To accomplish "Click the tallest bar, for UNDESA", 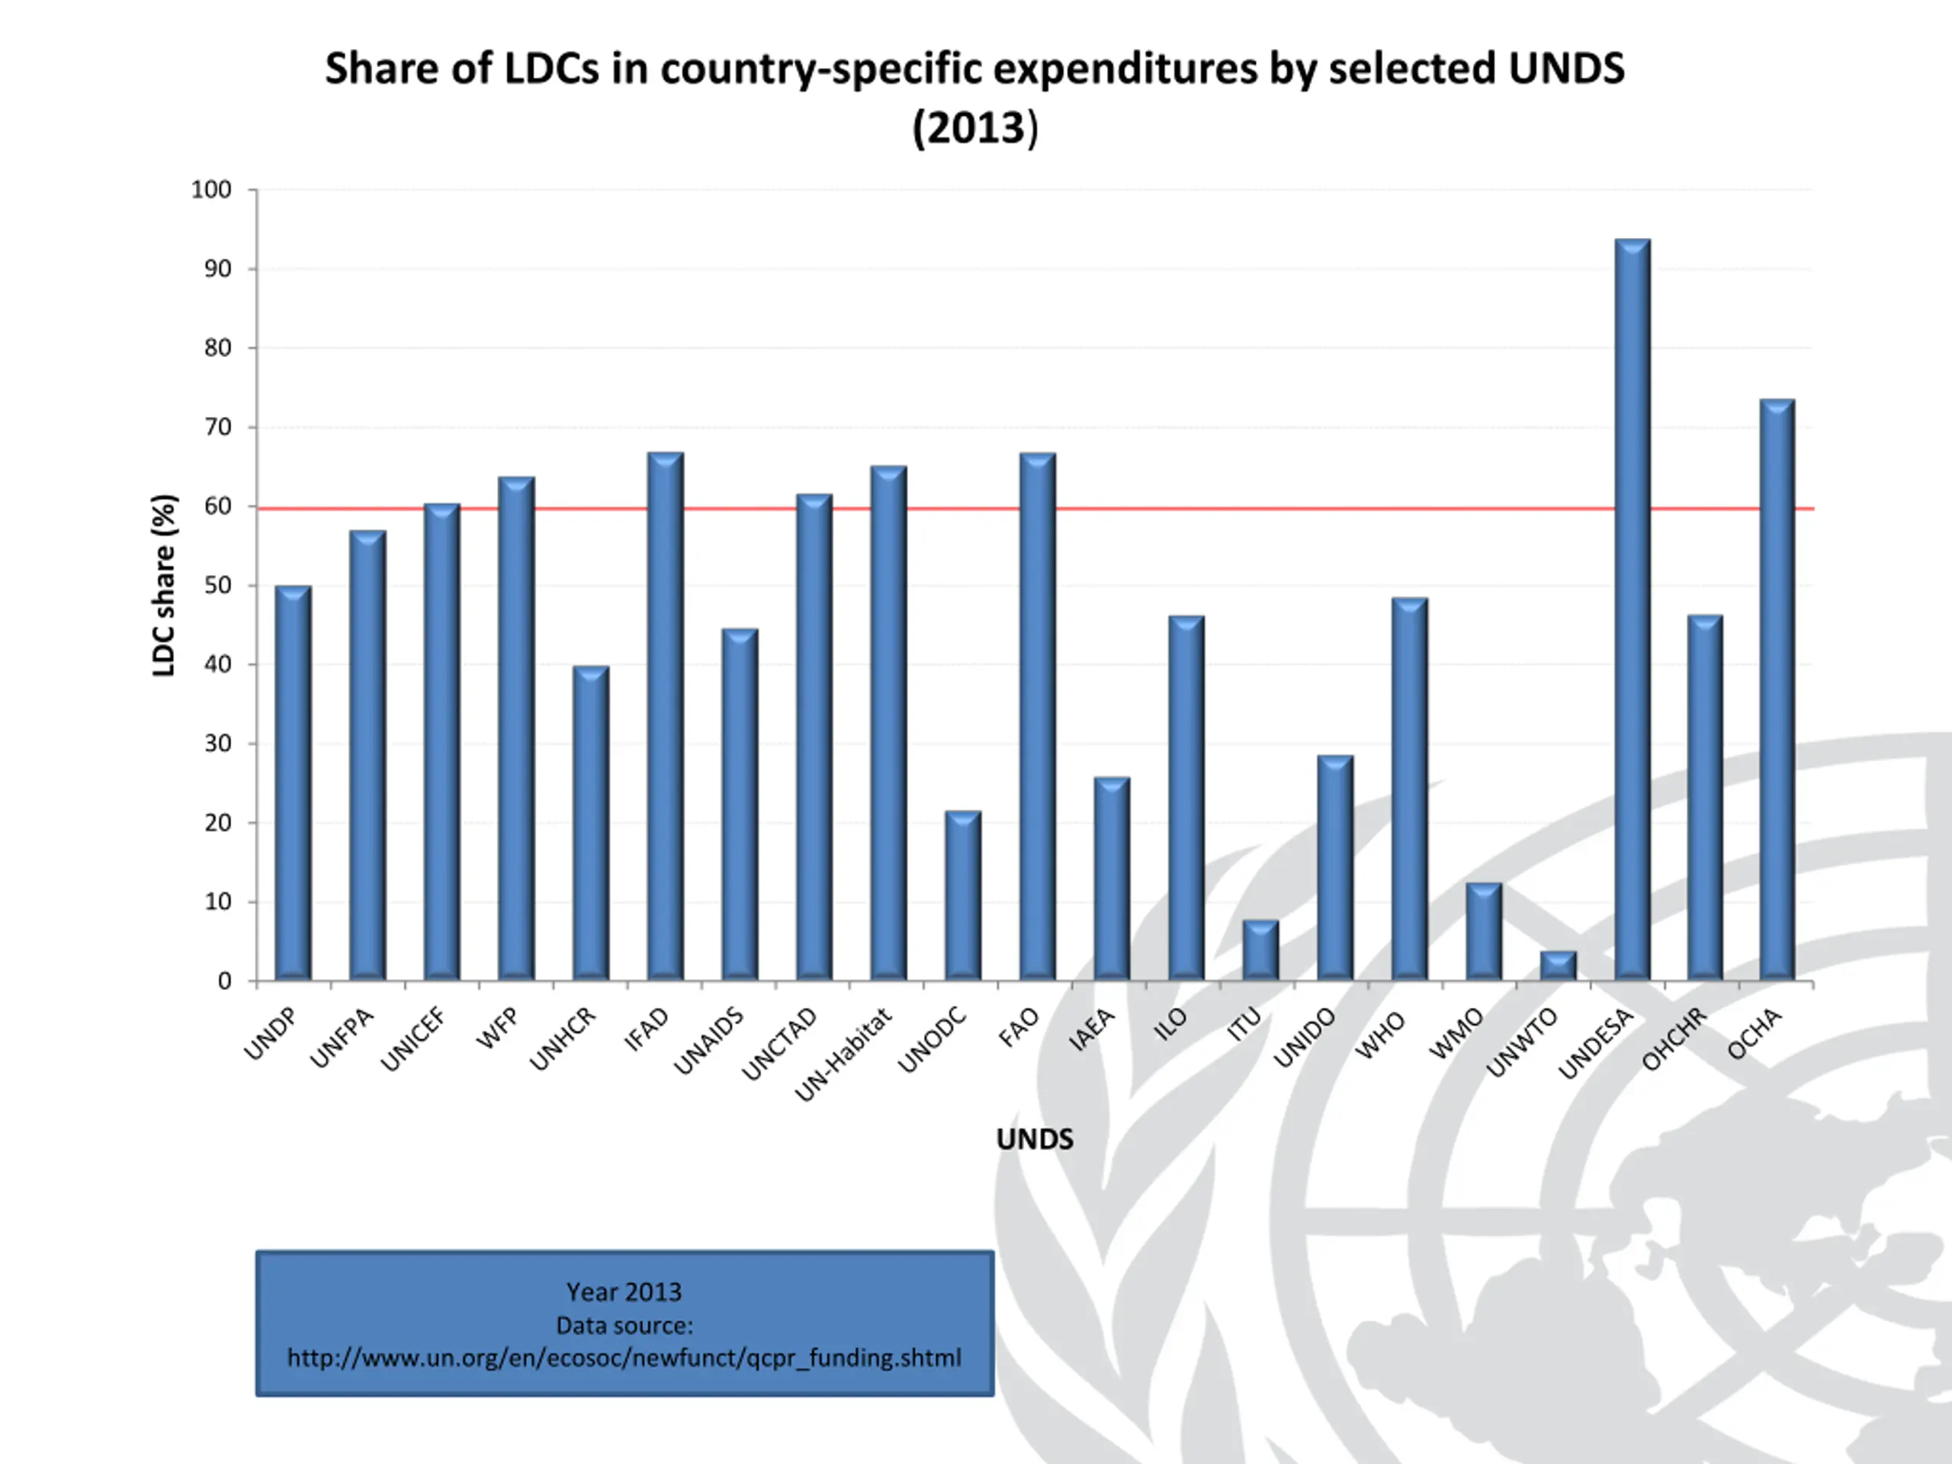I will pyautogui.click(x=1633, y=609).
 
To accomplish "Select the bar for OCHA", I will pyautogui.click(x=1777, y=689).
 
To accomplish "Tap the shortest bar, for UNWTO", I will pyautogui.click(x=1559, y=965).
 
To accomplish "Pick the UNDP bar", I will pyautogui.click(x=293, y=783).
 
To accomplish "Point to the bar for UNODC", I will pyautogui.click(x=963, y=895).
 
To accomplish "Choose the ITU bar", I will pyautogui.click(x=1260, y=949).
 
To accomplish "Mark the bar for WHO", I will pyautogui.click(x=1409, y=789).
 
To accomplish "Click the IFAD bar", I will pyautogui.click(x=666, y=716).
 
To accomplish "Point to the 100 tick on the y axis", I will pyautogui.click(x=212, y=190).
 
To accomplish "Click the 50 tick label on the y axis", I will pyautogui.click(x=217, y=585).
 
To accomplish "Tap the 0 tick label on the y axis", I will pyautogui.click(x=224, y=981).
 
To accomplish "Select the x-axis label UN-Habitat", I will pyautogui.click(x=843, y=1055).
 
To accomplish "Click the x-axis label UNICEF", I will pyautogui.click(x=413, y=1040).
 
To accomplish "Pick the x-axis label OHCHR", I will pyautogui.click(x=1674, y=1039).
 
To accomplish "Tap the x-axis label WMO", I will pyautogui.click(x=1456, y=1034).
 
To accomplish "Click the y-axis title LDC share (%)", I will pyautogui.click(x=165, y=585).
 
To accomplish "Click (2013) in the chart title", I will pyautogui.click(x=975, y=128).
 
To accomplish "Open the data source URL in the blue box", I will pyautogui.click(x=624, y=1357).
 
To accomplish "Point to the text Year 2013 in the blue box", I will pyautogui.click(x=624, y=1292).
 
